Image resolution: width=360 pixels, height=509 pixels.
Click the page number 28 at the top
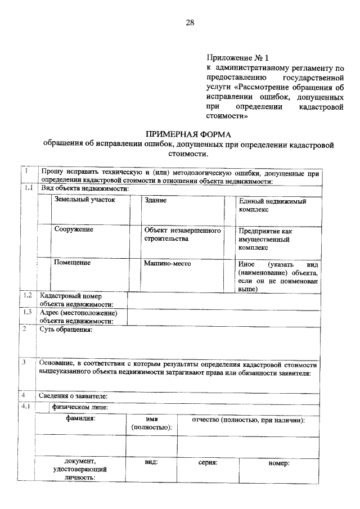190,22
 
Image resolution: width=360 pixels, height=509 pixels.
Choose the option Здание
155,200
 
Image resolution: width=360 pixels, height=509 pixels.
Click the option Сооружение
74,229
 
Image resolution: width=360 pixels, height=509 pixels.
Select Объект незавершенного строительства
181,234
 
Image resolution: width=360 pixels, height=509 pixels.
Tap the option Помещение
73,263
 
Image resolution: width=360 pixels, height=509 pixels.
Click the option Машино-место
168,263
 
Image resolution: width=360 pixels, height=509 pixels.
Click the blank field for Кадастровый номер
225,300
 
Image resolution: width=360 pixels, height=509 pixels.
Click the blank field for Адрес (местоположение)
225,317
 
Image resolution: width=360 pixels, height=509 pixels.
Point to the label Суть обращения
65,330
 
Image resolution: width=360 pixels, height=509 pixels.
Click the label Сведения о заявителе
73,396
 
